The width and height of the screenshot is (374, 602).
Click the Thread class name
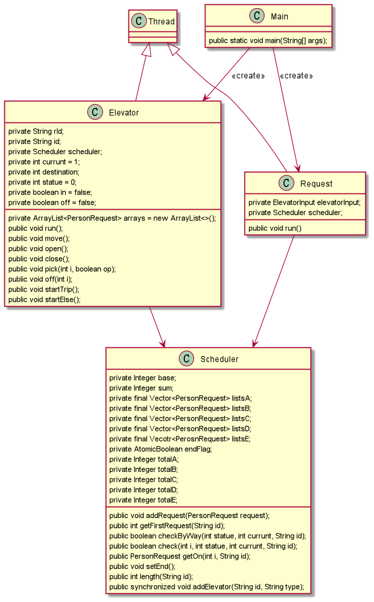(x=162, y=22)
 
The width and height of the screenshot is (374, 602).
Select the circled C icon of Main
(x=256, y=16)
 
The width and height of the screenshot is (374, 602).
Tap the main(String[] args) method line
(x=268, y=41)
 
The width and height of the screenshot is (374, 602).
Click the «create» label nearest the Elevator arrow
(x=248, y=76)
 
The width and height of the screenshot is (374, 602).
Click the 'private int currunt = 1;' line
(x=44, y=161)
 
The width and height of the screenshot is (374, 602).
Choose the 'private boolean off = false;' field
(x=52, y=202)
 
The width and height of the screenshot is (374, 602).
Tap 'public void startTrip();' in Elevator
(x=44, y=289)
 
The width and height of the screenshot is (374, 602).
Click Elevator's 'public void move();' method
(x=40, y=238)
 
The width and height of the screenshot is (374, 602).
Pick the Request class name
(x=316, y=184)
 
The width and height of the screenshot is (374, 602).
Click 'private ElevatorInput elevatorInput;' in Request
(x=304, y=202)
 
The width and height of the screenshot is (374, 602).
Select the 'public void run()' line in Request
(x=275, y=228)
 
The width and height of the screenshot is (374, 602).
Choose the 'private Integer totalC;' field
(x=144, y=480)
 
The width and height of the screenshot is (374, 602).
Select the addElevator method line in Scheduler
(x=207, y=587)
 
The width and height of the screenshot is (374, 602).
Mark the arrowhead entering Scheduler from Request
(x=253, y=344)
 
